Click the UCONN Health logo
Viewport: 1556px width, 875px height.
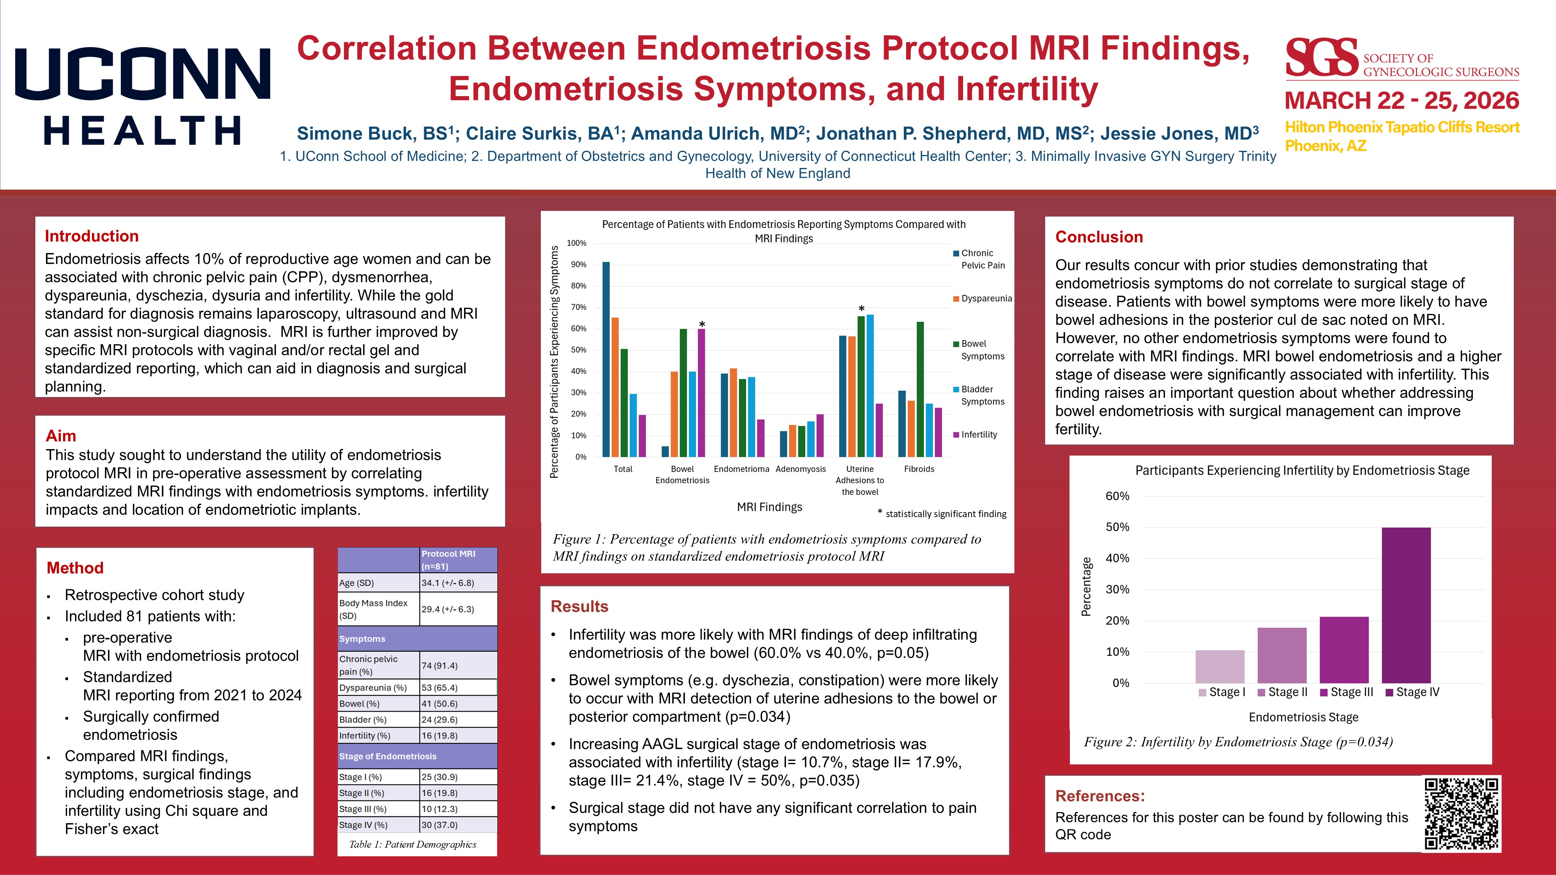tap(143, 97)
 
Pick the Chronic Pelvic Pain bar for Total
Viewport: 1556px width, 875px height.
tap(606, 359)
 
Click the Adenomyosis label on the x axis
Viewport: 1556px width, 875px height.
tap(800, 469)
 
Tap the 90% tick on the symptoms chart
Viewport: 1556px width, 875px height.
tap(578, 264)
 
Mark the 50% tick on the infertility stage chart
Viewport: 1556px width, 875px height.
tap(1117, 527)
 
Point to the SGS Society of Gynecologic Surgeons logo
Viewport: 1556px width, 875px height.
tap(1401, 59)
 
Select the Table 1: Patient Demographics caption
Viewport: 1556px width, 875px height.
tap(412, 844)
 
